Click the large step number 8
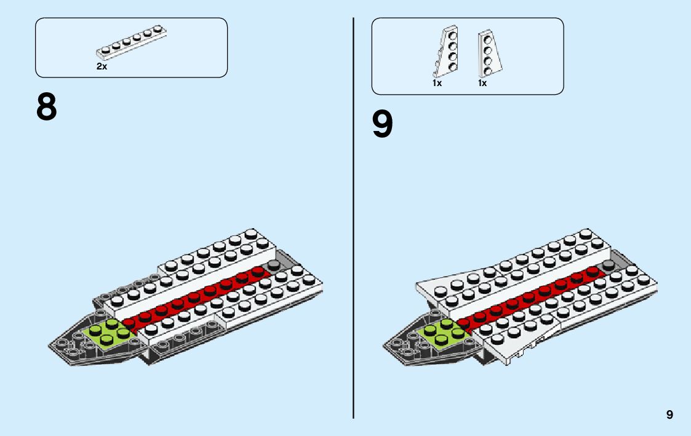(46, 108)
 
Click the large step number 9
(382, 125)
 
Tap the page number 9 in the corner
(669, 415)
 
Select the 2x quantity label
(102, 67)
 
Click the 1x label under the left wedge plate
(437, 83)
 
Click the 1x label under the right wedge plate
(482, 83)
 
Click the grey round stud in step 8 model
(273, 265)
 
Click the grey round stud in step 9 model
(609, 265)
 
